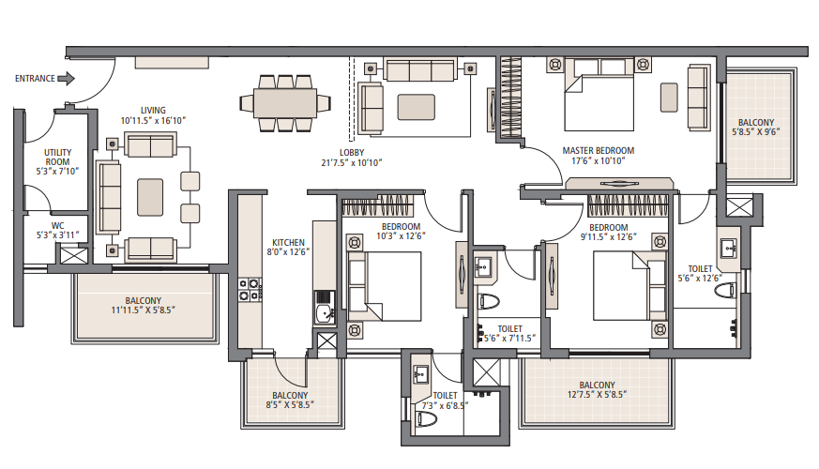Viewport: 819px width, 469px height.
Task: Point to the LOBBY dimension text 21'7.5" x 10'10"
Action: tap(352, 163)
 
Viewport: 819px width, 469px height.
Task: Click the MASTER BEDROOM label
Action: tap(598, 150)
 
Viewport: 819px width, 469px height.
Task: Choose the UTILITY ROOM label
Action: tap(57, 157)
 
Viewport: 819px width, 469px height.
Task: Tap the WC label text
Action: tap(57, 225)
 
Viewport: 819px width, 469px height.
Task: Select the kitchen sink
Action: tap(324, 310)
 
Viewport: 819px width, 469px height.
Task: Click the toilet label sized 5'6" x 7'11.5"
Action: tap(504, 328)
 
